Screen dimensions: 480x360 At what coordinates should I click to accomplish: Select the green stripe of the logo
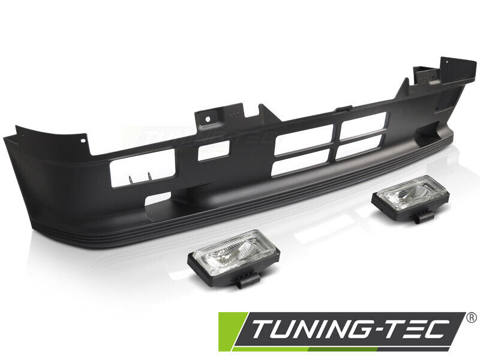230,331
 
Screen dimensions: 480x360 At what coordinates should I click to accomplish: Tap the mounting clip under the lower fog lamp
248,281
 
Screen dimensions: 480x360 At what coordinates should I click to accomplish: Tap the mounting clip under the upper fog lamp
425,217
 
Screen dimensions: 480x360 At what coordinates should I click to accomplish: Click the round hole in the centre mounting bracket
208,118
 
